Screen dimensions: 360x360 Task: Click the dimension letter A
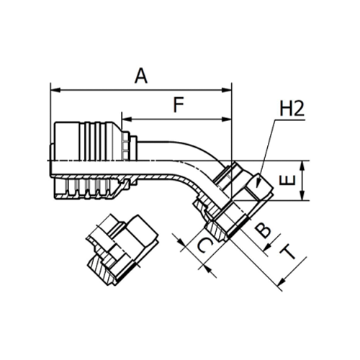point(141,76)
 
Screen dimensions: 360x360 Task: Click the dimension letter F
point(179,104)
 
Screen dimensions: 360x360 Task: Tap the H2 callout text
point(292,108)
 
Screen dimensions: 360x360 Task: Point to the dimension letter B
point(263,230)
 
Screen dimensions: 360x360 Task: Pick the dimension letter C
point(204,245)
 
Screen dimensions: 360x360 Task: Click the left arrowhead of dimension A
point(55,90)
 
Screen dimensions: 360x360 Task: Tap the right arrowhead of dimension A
point(227,90)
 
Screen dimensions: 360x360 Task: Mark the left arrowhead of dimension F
point(127,119)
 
